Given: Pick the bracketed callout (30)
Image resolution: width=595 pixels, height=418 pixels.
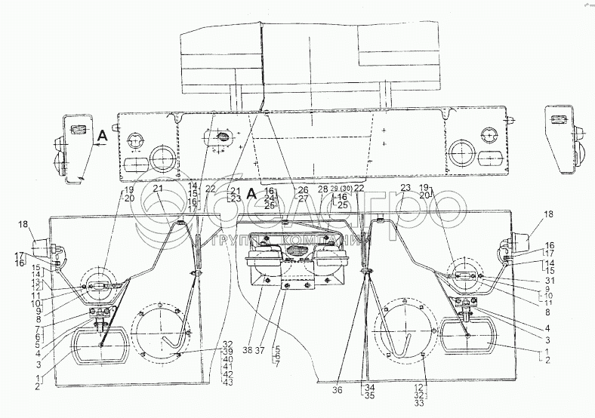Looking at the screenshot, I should pos(346,188).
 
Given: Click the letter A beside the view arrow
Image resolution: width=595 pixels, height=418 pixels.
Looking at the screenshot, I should pos(100,136).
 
